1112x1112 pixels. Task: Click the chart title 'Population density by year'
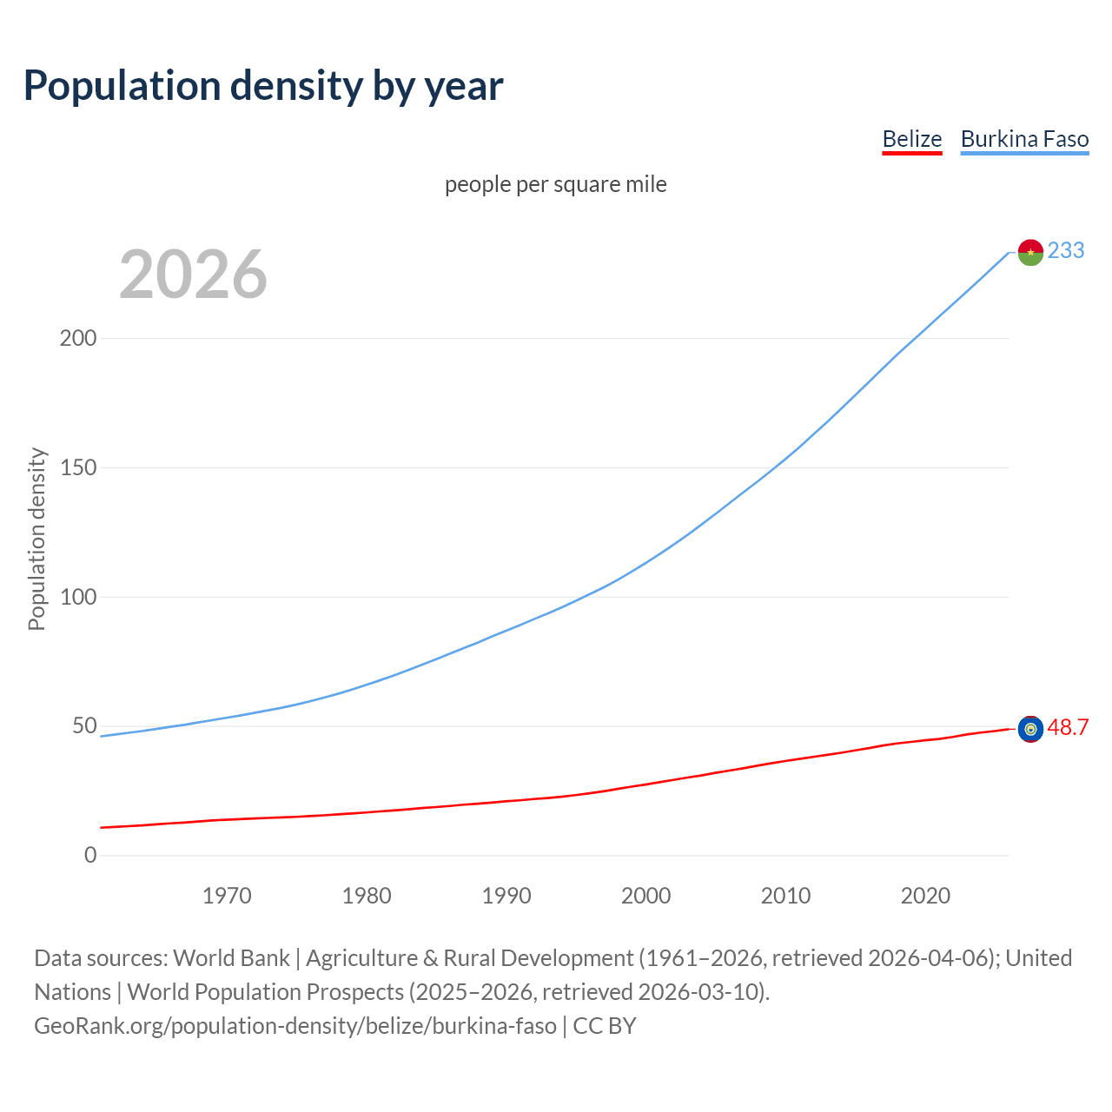click(263, 86)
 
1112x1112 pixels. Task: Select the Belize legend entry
click(911, 139)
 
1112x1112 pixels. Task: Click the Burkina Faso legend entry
click(1024, 139)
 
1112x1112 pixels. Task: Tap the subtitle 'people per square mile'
click(555, 184)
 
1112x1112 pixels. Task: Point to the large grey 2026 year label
click(193, 275)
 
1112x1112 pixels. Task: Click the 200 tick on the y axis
click(77, 338)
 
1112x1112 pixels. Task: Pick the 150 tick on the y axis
click(77, 467)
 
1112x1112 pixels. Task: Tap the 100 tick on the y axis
click(77, 597)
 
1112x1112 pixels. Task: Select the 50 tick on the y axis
click(83, 726)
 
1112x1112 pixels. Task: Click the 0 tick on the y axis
click(90, 856)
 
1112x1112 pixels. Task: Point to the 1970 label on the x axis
click(227, 896)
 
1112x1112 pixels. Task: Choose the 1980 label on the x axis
click(367, 896)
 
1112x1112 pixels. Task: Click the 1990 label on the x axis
click(506, 896)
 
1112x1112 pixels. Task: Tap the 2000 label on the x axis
click(646, 896)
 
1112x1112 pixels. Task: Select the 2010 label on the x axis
click(785, 896)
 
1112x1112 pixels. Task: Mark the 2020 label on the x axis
click(925, 896)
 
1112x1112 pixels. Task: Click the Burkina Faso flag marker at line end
click(1030, 252)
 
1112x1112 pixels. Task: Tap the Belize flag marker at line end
click(1030, 729)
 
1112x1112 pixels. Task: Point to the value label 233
click(1066, 250)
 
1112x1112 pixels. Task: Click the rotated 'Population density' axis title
click(36, 539)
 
